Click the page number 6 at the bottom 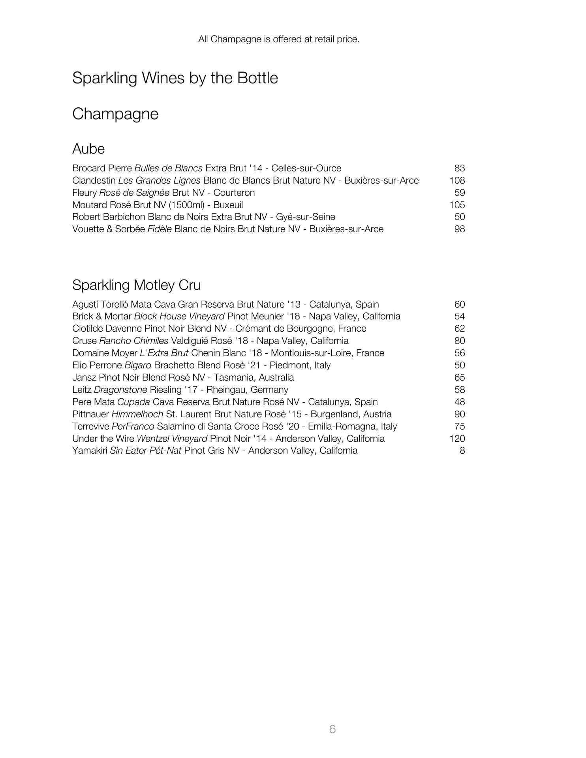pos(332,729)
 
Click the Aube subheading pos(88,149)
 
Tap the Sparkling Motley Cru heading pos(136,285)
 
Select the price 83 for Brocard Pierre pos(459,168)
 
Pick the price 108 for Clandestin pos(457,180)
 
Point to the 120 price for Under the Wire pos(457,439)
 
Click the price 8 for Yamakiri pos(462,450)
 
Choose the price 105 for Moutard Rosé pos(457,205)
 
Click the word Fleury pos(84,193)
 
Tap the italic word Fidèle pos(159,229)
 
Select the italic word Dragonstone pos(120,390)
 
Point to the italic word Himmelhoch pos(137,414)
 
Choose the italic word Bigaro pos(137,365)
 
